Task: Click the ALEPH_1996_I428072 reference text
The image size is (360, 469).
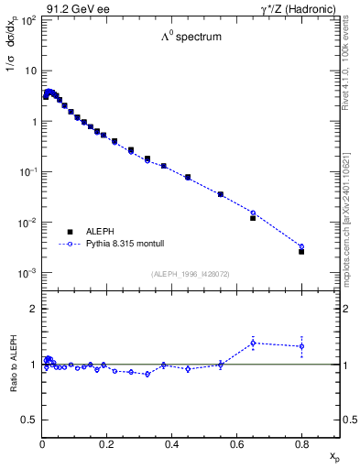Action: pos(191,273)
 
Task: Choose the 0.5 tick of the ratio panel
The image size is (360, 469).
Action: pos(30,420)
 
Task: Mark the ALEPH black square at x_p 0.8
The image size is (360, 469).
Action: pos(301,251)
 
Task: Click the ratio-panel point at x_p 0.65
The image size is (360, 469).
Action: pos(253,343)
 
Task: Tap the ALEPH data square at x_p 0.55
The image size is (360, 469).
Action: pos(221,194)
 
